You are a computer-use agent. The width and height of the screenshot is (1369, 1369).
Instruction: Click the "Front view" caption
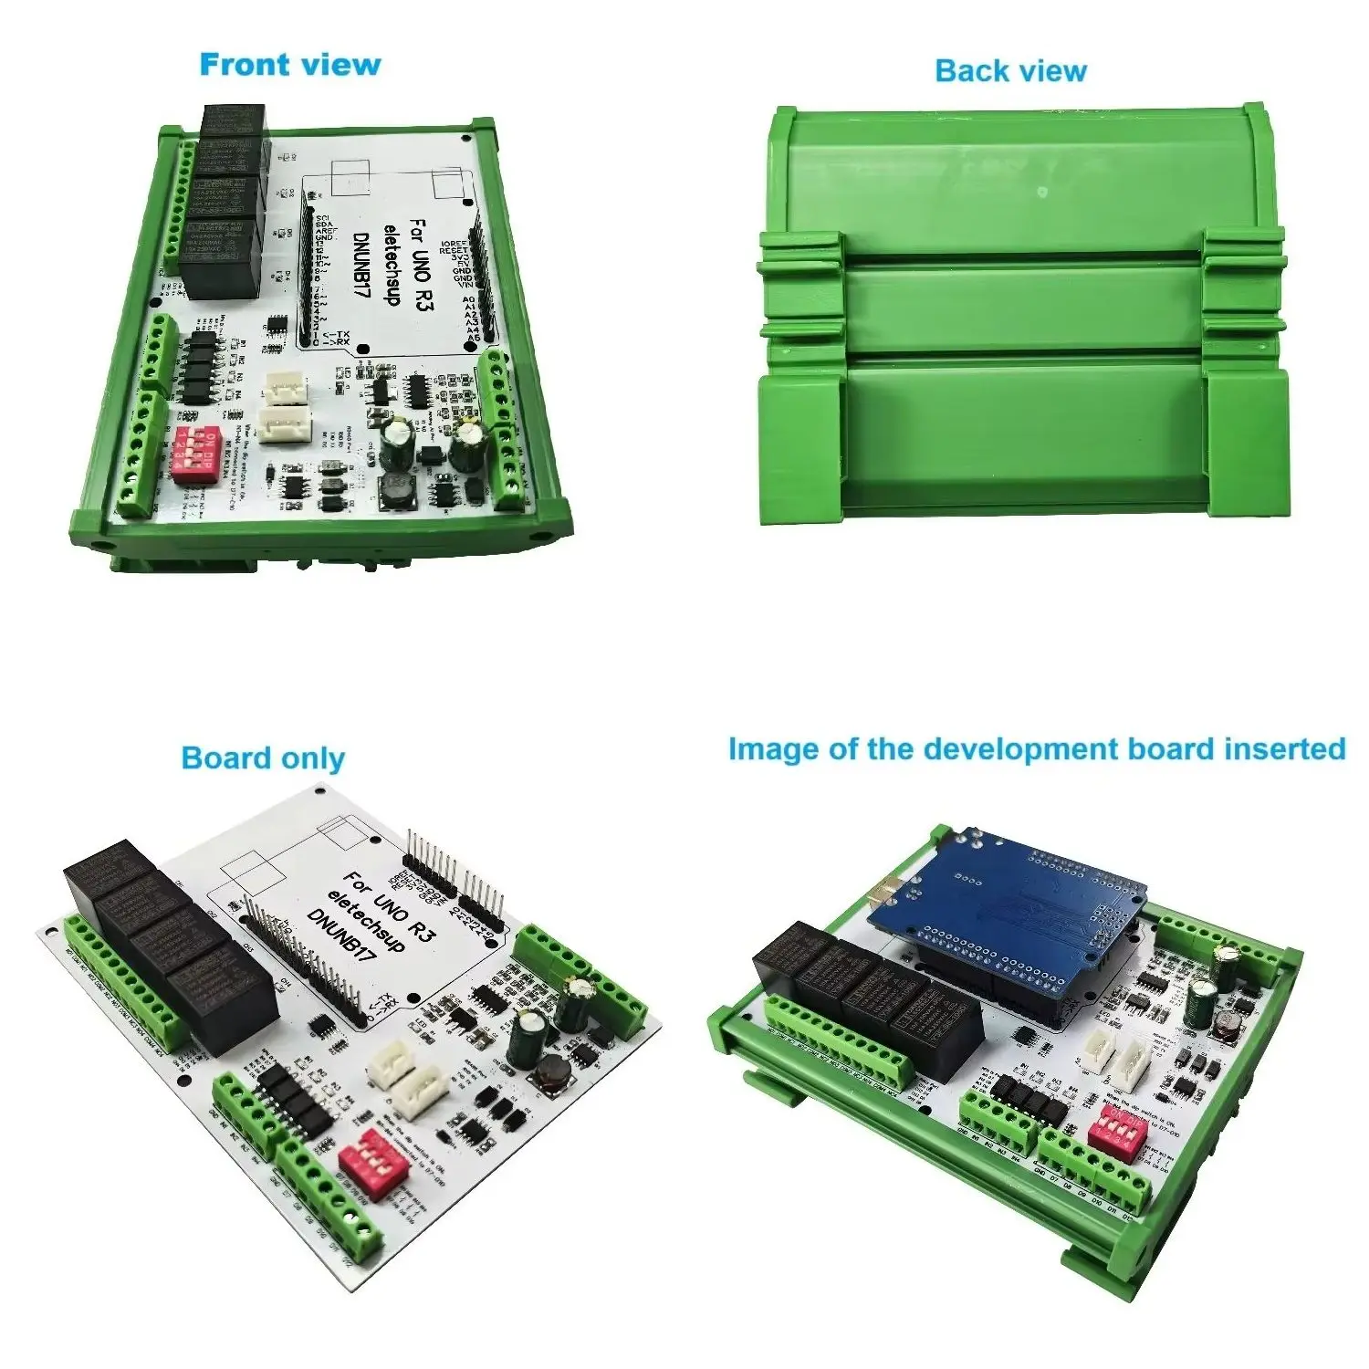coord(289,65)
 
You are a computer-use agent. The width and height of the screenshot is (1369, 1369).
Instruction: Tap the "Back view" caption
coord(1010,71)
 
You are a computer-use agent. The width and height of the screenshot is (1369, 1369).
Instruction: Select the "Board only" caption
coord(263,758)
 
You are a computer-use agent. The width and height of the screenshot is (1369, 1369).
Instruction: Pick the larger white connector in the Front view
coord(283,424)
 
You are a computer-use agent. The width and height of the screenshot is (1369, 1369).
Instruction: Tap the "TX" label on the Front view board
coord(340,336)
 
